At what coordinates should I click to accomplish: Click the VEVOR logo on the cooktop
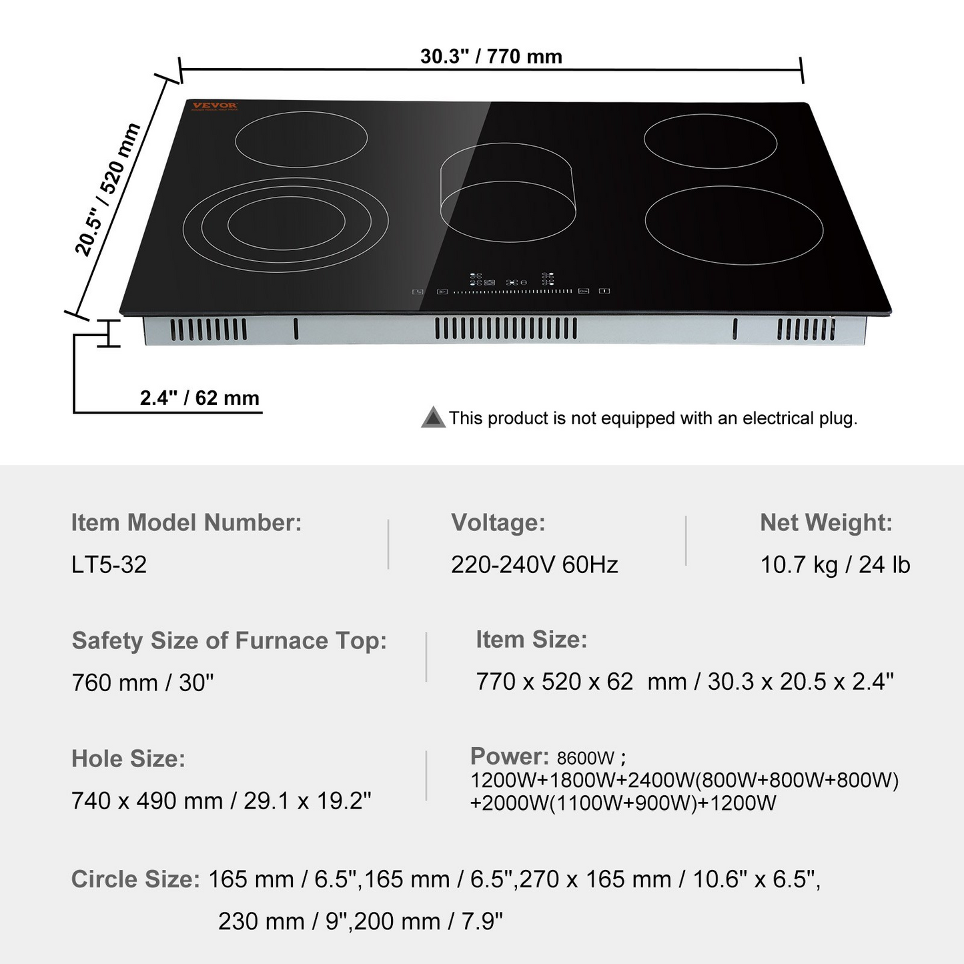(214, 106)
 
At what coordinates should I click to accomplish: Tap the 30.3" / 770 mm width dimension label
(491, 57)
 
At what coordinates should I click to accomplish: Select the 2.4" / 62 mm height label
(199, 398)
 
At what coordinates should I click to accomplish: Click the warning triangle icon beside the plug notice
(433, 418)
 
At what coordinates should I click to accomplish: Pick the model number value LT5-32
(109, 564)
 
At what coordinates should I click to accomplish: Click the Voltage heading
(498, 522)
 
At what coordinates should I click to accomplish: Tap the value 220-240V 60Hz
(534, 564)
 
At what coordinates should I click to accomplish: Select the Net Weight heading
(826, 522)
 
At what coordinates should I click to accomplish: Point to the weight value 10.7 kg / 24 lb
(835, 564)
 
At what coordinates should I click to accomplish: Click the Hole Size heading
(128, 759)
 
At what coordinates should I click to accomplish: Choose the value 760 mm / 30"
(143, 682)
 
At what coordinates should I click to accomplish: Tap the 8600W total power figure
(586, 758)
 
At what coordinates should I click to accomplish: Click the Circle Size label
(135, 879)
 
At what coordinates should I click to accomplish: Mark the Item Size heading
(531, 639)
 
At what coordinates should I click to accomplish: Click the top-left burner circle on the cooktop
(301, 139)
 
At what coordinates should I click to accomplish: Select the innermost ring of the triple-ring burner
(286, 225)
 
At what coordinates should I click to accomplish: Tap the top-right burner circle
(710, 141)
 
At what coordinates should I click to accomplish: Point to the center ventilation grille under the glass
(506, 328)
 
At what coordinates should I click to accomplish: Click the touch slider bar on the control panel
(512, 292)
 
